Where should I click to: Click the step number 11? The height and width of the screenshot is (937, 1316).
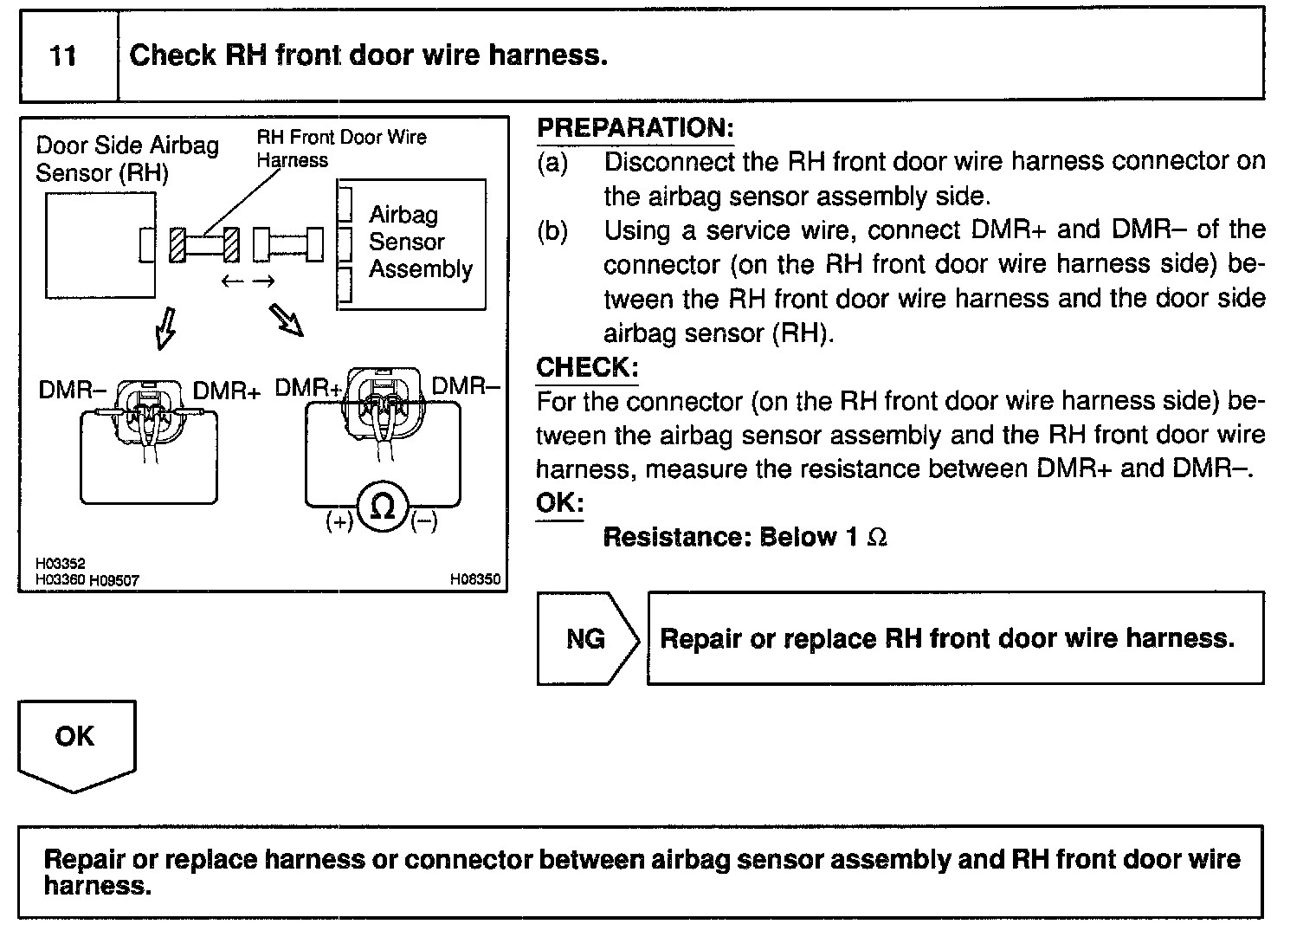63,56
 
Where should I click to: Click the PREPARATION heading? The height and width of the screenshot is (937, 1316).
635,128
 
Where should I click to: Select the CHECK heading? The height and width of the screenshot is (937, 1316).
586,367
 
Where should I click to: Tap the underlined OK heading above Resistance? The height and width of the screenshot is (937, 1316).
559,503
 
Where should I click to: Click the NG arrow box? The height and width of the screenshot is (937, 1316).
586,639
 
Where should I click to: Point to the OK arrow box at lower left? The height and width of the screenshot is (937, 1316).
75,738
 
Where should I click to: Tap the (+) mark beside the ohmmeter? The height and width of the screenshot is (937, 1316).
339,521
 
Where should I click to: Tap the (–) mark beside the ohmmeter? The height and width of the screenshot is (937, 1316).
423,521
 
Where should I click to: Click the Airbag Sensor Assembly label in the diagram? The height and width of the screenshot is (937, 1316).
419,242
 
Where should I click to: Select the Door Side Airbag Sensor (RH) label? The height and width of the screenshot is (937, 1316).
126,158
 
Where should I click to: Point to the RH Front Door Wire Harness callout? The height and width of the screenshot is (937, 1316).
340,147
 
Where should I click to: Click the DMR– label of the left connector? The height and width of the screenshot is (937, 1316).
72,391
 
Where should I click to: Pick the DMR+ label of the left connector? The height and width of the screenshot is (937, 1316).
226,391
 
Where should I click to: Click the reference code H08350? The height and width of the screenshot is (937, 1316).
474,579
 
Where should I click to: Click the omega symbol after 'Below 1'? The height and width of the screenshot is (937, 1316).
876,538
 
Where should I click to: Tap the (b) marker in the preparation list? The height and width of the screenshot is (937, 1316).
552,231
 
